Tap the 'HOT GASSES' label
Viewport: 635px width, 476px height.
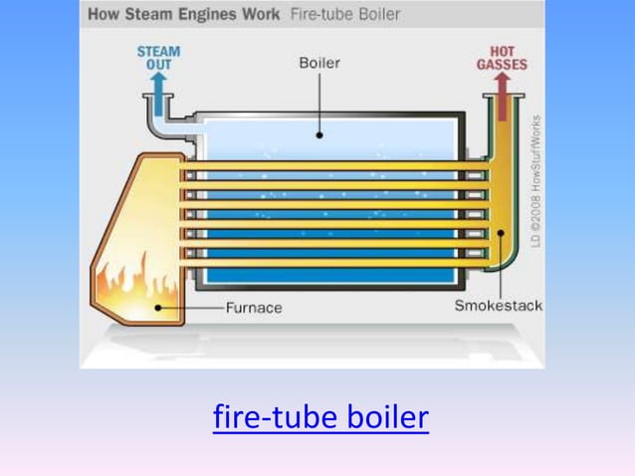point(502,58)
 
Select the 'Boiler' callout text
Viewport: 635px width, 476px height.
point(319,63)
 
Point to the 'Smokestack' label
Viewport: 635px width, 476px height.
point(499,305)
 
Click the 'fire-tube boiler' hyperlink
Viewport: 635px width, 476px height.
point(320,417)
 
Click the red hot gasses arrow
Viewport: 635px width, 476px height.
point(501,87)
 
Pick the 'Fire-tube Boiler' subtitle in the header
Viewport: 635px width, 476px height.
point(345,15)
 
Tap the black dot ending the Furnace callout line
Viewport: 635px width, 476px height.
point(156,308)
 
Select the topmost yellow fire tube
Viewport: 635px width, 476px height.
point(328,163)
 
